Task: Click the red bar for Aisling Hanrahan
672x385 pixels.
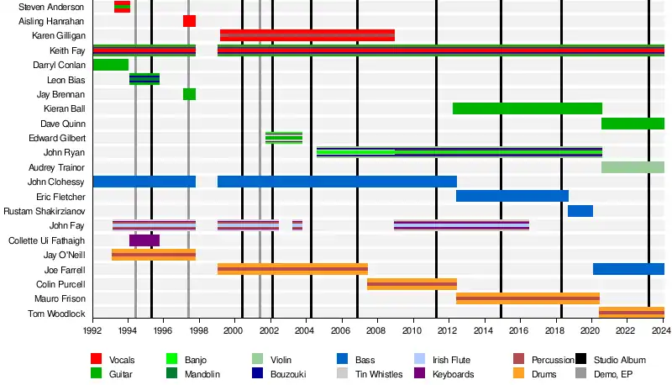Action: tap(189, 21)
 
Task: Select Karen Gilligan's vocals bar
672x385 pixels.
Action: tap(307, 35)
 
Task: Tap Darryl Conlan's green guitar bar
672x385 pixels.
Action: tap(110, 65)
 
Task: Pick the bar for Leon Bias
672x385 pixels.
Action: tap(144, 79)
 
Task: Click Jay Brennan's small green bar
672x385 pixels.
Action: tap(189, 94)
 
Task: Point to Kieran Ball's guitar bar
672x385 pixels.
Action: tap(528, 108)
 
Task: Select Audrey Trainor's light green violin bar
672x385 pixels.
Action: tap(633, 167)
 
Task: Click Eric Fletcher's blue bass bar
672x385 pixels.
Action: tap(512, 196)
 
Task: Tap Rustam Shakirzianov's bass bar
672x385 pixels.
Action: tap(580, 211)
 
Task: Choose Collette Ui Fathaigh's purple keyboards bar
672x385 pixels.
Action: tap(144, 240)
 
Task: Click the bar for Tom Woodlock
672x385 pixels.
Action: tap(632, 313)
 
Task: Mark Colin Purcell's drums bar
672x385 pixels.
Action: tap(412, 284)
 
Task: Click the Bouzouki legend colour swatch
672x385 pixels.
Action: tap(260, 374)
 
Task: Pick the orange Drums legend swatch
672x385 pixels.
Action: tap(520, 374)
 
